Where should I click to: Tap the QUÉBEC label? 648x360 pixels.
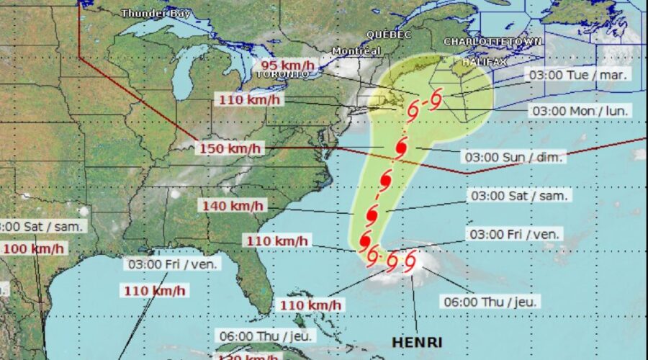(x=389, y=35)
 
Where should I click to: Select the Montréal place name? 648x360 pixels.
(x=356, y=51)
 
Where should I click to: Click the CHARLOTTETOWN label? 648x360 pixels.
(x=492, y=42)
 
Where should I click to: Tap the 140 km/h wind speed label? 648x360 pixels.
(x=233, y=206)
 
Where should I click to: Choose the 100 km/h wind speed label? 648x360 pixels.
(x=33, y=249)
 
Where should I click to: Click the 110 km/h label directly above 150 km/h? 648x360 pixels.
(x=245, y=99)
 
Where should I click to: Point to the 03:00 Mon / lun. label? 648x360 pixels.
(x=580, y=111)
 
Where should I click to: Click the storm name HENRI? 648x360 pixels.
(x=417, y=341)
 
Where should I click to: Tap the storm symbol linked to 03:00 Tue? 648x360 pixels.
(x=436, y=102)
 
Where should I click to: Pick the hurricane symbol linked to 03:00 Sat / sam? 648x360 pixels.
(x=373, y=214)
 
